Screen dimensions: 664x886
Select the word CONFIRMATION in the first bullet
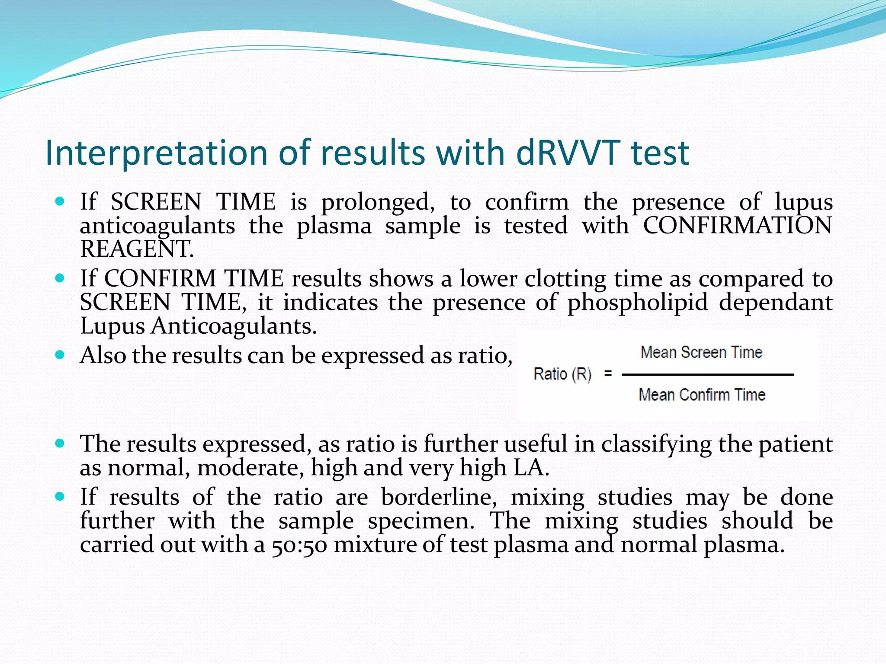click(737, 226)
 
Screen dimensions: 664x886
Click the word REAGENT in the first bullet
click(137, 249)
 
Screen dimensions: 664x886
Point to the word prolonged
click(378, 202)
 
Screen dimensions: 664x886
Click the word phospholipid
click(638, 302)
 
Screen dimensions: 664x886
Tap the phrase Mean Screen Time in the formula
click(701, 352)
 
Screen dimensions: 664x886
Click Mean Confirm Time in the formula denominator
click(702, 395)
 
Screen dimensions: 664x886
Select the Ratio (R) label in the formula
click(562, 374)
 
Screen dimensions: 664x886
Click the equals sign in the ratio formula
click(608, 373)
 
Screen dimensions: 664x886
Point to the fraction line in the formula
click(707, 375)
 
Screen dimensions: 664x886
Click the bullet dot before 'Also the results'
click(60, 355)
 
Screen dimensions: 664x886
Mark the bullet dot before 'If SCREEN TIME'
click(60, 201)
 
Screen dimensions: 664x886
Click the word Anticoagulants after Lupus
click(234, 326)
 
